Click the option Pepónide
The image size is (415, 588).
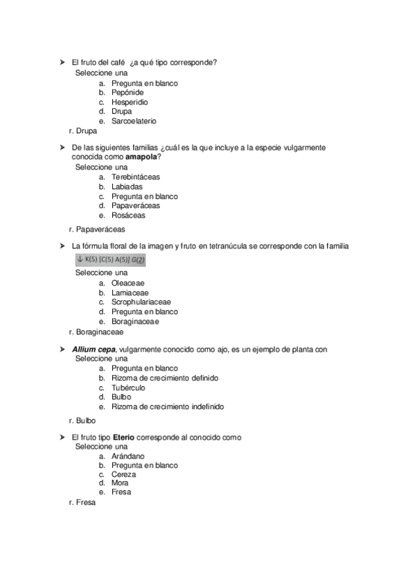(127, 92)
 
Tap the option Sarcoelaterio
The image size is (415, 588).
(134, 121)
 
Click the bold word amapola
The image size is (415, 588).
(141, 157)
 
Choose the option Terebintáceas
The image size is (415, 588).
(135, 177)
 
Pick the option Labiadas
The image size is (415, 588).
(127, 187)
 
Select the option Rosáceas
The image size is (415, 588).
(128, 215)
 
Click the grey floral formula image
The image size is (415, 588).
(111, 259)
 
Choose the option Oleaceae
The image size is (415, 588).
(128, 283)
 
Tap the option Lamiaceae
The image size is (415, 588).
(130, 293)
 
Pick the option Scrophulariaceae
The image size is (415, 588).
(141, 302)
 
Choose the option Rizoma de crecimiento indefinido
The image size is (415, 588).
(167, 406)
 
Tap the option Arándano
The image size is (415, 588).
(127, 456)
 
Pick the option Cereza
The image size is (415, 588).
(123, 474)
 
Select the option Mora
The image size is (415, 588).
(120, 483)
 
